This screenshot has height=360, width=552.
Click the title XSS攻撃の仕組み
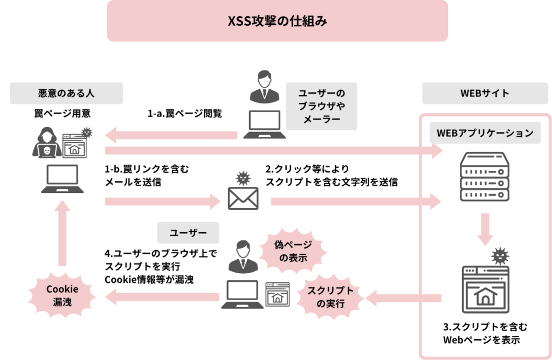tap(277, 22)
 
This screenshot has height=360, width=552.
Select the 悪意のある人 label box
tap(66, 93)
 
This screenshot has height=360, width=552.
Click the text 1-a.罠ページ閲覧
tap(185, 114)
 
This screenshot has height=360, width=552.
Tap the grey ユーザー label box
tap(188, 233)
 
